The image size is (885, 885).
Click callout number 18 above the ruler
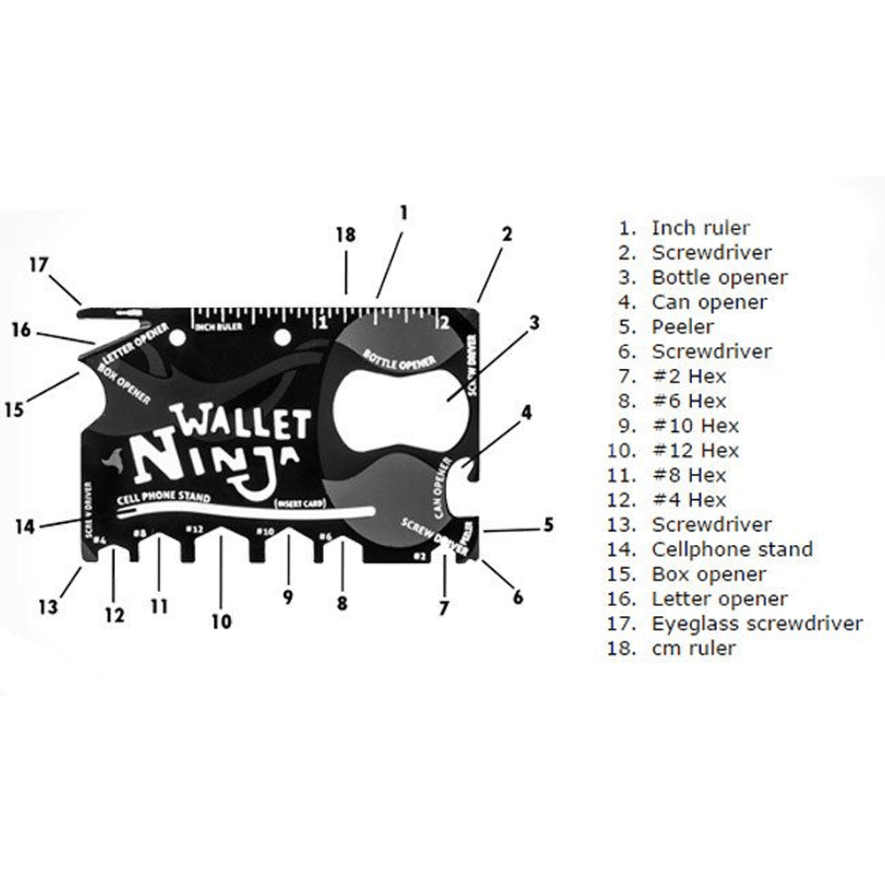tap(345, 235)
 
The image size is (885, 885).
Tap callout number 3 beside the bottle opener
tap(533, 323)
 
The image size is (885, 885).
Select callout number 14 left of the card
tap(25, 527)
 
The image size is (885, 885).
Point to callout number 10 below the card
tap(221, 621)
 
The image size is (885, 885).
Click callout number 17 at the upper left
tap(38, 265)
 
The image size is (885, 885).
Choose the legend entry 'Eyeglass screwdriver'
tap(757, 623)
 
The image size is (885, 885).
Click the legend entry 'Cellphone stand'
tap(732, 549)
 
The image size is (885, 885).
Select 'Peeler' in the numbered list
tap(682, 327)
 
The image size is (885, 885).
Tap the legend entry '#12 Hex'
tap(695, 450)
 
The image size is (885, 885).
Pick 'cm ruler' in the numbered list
tap(694, 648)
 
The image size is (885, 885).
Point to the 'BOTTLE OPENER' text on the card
tap(398, 361)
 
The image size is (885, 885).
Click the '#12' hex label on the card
tap(194, 529)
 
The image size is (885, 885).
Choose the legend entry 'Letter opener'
tap(719, 598)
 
